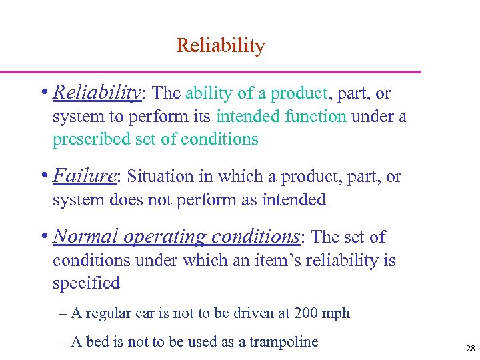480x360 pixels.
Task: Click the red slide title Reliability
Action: (x=221, y=46)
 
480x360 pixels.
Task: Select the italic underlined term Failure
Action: (x=84, y=177)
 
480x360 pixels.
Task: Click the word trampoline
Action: (x=283, y=342)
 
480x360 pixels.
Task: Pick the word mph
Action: (x=336, y=313)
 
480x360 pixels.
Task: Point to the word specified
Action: (x=86, y=283)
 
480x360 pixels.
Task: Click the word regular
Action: (x=110, y=313)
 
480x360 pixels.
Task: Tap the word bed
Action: (x=97, y=342)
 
